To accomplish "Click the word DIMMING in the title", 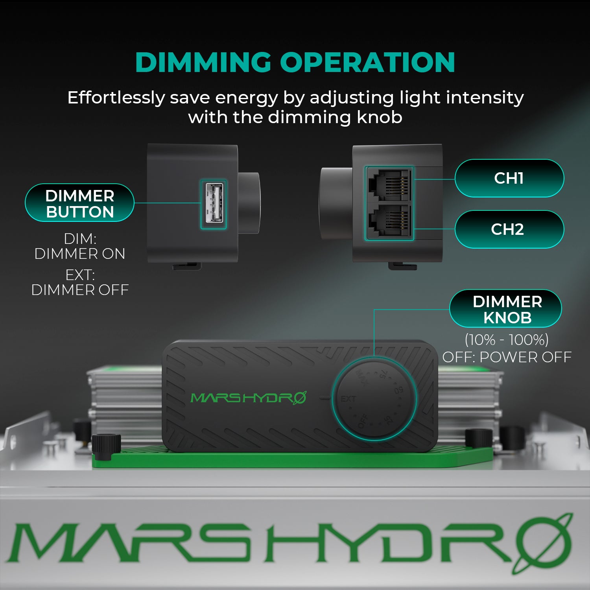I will pyautogui.click(x=203, y=63).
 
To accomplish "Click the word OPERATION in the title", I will pyautogui.click(x=367, y=63).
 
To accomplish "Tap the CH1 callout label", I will pyautogui.click(x=509, y=178).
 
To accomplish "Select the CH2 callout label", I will pyautogui.click(x=509, y=229).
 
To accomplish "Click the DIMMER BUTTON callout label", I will pyautogui.click(x=80, y=203).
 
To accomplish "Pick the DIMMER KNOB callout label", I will pyautogui.click(x=507, y=309).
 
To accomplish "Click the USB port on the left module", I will pyautogui.click(x=214, y=203).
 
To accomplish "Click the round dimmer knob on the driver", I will pyautogui.click(x=374, y=399).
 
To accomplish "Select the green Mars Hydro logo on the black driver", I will pyautogui.click(x=248, y=398).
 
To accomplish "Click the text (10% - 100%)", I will pyautogui.click(x=507, y=339).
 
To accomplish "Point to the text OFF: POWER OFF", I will pyautogui.click(x=507, y=357).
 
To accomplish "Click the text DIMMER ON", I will pyautogui.click(x=80, y=254).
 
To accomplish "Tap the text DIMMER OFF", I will pyautogui.click(x=80, y=290).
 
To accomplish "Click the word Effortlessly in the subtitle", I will pyautogui.click(x=116, y=98).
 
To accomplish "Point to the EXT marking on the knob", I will pyautogui.click(x=348, y=399).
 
